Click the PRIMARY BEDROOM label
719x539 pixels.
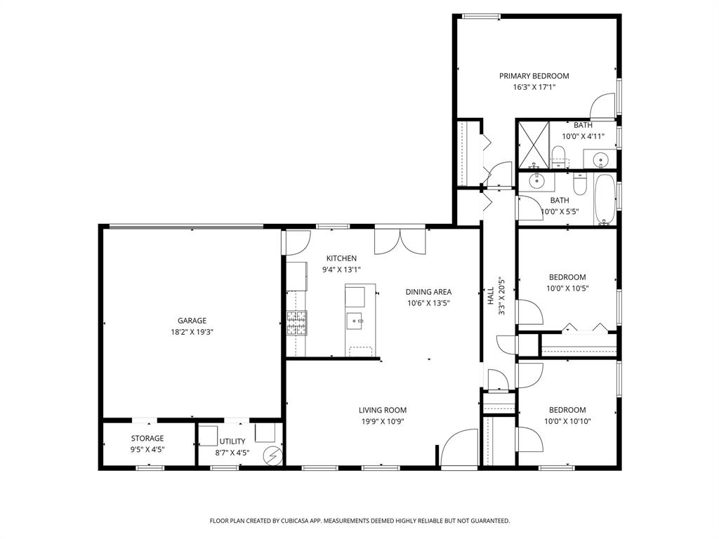pyautogui.click(x=534, y=76)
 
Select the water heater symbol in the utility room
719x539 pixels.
pyautogui.click(x=271, y=456)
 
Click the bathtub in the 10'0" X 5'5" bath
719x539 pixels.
pyautogui.click(x=604, y=200)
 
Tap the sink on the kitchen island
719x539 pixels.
pyautogui.click(x=355, y=321)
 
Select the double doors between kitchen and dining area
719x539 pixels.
pyautogui.click(x=400, y=241)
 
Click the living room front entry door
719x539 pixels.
pyautogui.click(x=458, y=448)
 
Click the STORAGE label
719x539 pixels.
pyautogui.click(x=147, y=439)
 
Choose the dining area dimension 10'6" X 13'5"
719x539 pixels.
pyautogui.click(x=428, y=303)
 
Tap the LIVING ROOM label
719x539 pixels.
pyautogui.click(x=383, y=411)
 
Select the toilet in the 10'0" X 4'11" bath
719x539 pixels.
pyautogui.click(x=558, y=155)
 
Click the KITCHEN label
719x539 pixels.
pyautogui.click(x=341, y=258)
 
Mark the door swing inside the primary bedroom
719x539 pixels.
pyautogui.click(x=602, y=107)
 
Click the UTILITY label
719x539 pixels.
pyautogui.click(x=232, y=441)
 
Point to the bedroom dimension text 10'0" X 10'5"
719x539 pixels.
pyautogui.click(x=567, y=288)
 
